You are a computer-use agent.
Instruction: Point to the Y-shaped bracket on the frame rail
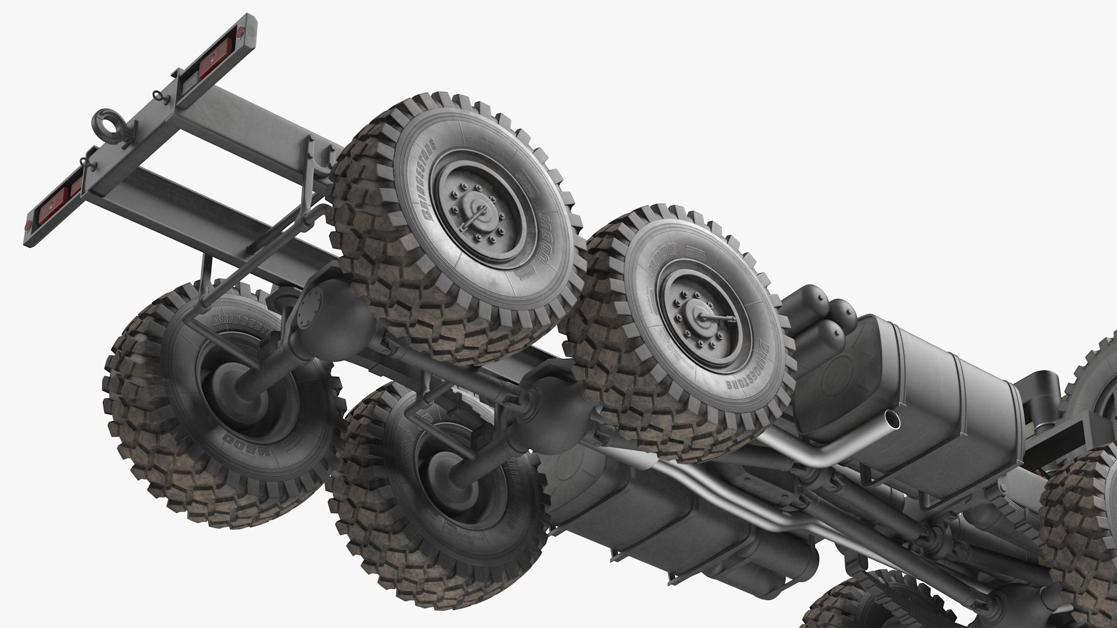click(x=315, y=174)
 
